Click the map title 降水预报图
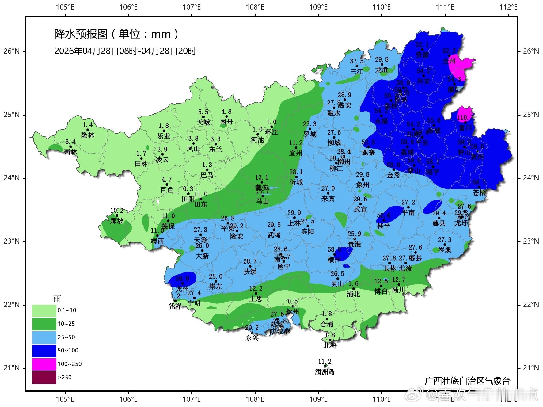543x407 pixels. pyautogui.click(x=81, y=34)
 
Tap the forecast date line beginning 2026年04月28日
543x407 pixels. pyautogui.click(x=125, y=51)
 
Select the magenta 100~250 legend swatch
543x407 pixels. pyautogui.click(x=44, y=364)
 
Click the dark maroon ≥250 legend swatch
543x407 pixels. pyautogui.click(x=44, y=377)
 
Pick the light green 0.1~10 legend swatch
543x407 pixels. pyautogui.click(x=44, y=310)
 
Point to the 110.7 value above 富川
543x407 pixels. pyautogui.click(x=465, y=117)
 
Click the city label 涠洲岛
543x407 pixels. pyautogui.click(x=325, y=372)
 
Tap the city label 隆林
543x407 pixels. pyautogui.click(x=88, y=135)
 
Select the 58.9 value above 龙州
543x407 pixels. pyautogui.click(x=182, y=279)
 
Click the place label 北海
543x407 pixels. pyautogui.click(x=330, y=345)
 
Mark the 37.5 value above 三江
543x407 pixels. pyautogui.click(x=357, y=61)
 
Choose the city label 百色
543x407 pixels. pyautogui.click(x=167, y=190)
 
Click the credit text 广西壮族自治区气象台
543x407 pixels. pyautogui.click(x=467, y=381)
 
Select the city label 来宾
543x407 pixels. pyautogui.click(x=328, y=199)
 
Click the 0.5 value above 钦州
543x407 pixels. pyautogui.click(x=293, y=302)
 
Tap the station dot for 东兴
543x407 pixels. pyautogui.click(x=252, y=333)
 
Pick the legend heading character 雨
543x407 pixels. pyautogui.click(x=57, y=299)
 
